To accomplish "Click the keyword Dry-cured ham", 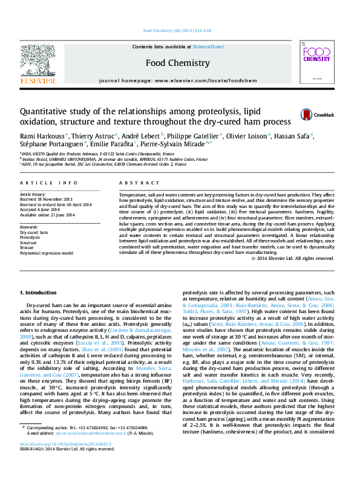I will point(34,232).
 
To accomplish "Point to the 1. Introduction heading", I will point(39,293).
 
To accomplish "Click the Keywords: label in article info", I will point(29,227).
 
